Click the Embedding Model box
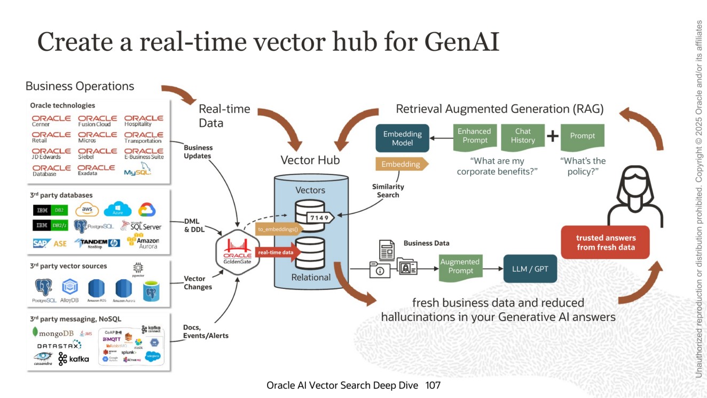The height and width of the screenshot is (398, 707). [403, 139]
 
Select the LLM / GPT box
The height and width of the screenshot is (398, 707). [530, 269]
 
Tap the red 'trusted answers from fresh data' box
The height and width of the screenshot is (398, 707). [606, 242]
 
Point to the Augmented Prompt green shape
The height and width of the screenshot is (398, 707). [460, 266]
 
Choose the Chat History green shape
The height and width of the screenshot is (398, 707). [523, 136]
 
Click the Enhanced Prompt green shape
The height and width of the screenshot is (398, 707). [475, 136]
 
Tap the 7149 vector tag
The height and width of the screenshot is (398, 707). [320, 217]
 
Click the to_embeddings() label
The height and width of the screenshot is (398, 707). [279, 229]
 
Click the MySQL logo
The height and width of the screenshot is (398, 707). [137, 171]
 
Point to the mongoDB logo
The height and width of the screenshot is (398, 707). [53, 333]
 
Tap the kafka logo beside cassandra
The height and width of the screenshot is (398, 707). [74, 359]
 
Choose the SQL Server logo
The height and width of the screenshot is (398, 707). [141, 226]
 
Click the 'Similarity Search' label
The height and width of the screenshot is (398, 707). [388, 191]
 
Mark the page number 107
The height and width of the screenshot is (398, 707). [433, 385]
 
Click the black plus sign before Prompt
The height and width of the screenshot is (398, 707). [553, 136]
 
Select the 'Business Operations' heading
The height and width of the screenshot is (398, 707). [80, 86]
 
